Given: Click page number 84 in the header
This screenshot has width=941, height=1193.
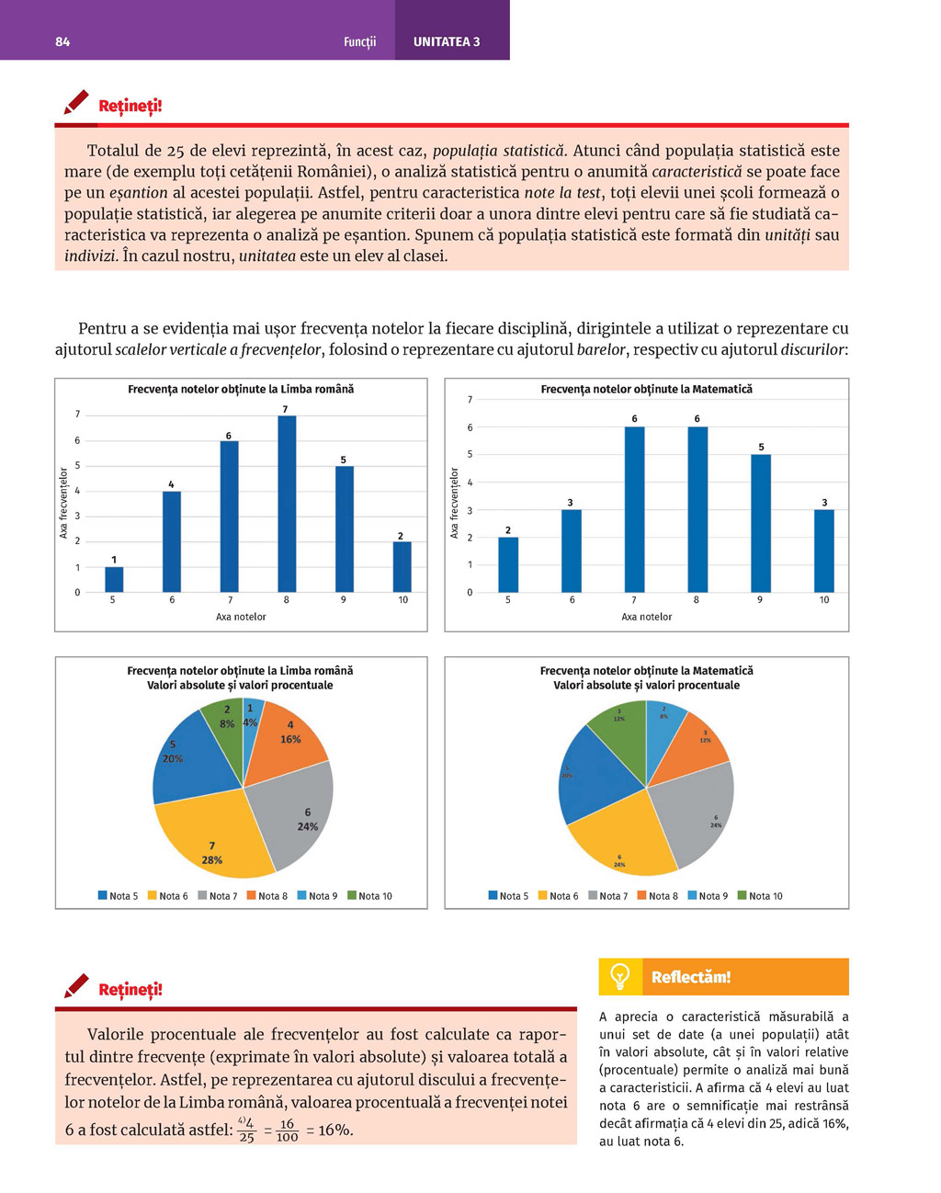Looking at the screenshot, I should (x=62, y=41).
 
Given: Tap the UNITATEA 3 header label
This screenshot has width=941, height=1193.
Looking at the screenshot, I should (x=447, y=41).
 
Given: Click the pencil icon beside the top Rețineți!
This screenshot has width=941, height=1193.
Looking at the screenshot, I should (x=76, y=102).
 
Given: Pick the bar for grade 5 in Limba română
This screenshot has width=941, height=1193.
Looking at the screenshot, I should (x=114, y=579).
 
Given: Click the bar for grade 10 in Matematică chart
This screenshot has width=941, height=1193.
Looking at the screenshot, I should (x=824, y=551).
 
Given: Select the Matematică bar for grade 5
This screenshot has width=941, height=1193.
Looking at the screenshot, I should (x=508, y=564).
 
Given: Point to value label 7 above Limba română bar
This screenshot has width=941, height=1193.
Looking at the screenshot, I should (x=285, y=409).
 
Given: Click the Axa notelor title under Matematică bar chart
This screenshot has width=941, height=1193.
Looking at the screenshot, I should (x=646, y=617).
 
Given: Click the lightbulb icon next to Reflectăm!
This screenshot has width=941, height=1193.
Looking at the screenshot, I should (x=620, y=976).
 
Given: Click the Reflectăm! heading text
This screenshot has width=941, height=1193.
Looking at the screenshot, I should (x=691, y=977).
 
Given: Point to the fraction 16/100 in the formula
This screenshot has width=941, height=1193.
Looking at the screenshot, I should (x=287, y=1131).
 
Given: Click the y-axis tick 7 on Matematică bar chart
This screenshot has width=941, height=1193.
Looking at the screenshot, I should (x=470, y=400).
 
